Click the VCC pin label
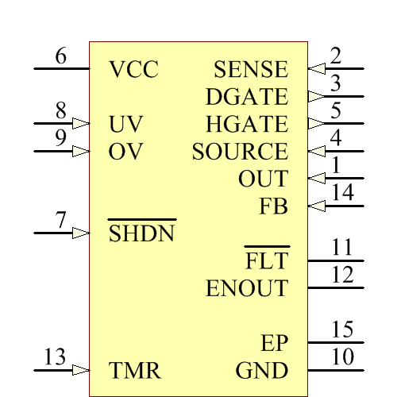point(133,70)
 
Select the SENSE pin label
point(251,70)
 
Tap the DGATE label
point(246,97)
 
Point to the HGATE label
point(246,124)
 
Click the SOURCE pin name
point(240,152)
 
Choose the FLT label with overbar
point(267,260)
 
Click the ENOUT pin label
point(247,287)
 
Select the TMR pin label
point(135,370)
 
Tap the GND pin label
point(262,370)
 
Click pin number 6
point(61,56)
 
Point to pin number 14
point(342,193)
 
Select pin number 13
point(55,358)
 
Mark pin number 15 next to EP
point(342,330)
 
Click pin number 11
point(342,248)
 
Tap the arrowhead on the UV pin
point(80,124)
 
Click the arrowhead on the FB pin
point(316,206)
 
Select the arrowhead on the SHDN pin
point(80,233)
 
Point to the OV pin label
point(125,152)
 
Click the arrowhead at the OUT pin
point(316,178)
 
